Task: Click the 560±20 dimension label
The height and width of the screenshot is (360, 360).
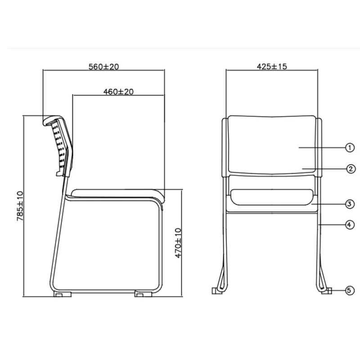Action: click(x=103, y=67)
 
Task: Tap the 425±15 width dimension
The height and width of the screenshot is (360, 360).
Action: click(x=272, y=67)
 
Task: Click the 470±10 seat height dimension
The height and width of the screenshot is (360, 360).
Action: click(x=178, y=243)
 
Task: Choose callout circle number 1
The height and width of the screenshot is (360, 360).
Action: click(x=350, y=147)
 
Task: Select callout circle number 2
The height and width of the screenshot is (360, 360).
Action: click(x=350, y=169)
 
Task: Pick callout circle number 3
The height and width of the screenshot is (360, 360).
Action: click(x=350, y=204)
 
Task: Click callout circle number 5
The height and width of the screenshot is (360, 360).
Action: click(x=350, y=290)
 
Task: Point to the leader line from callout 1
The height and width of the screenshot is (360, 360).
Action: click(x=322, y=147)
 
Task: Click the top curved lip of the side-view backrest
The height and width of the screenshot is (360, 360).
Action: click(x=50, y=119)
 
